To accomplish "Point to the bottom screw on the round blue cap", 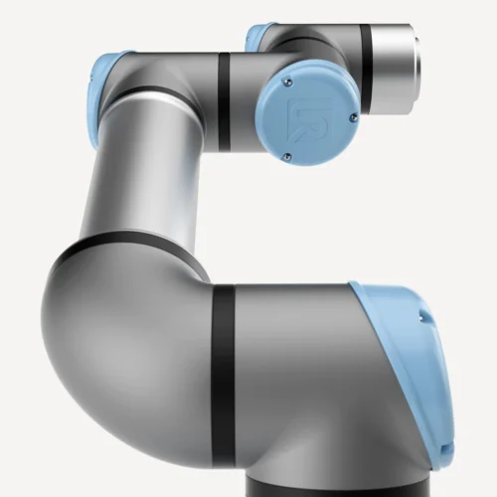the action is (x=287, y=155).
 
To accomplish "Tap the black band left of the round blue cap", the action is (x=224, y=101).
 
